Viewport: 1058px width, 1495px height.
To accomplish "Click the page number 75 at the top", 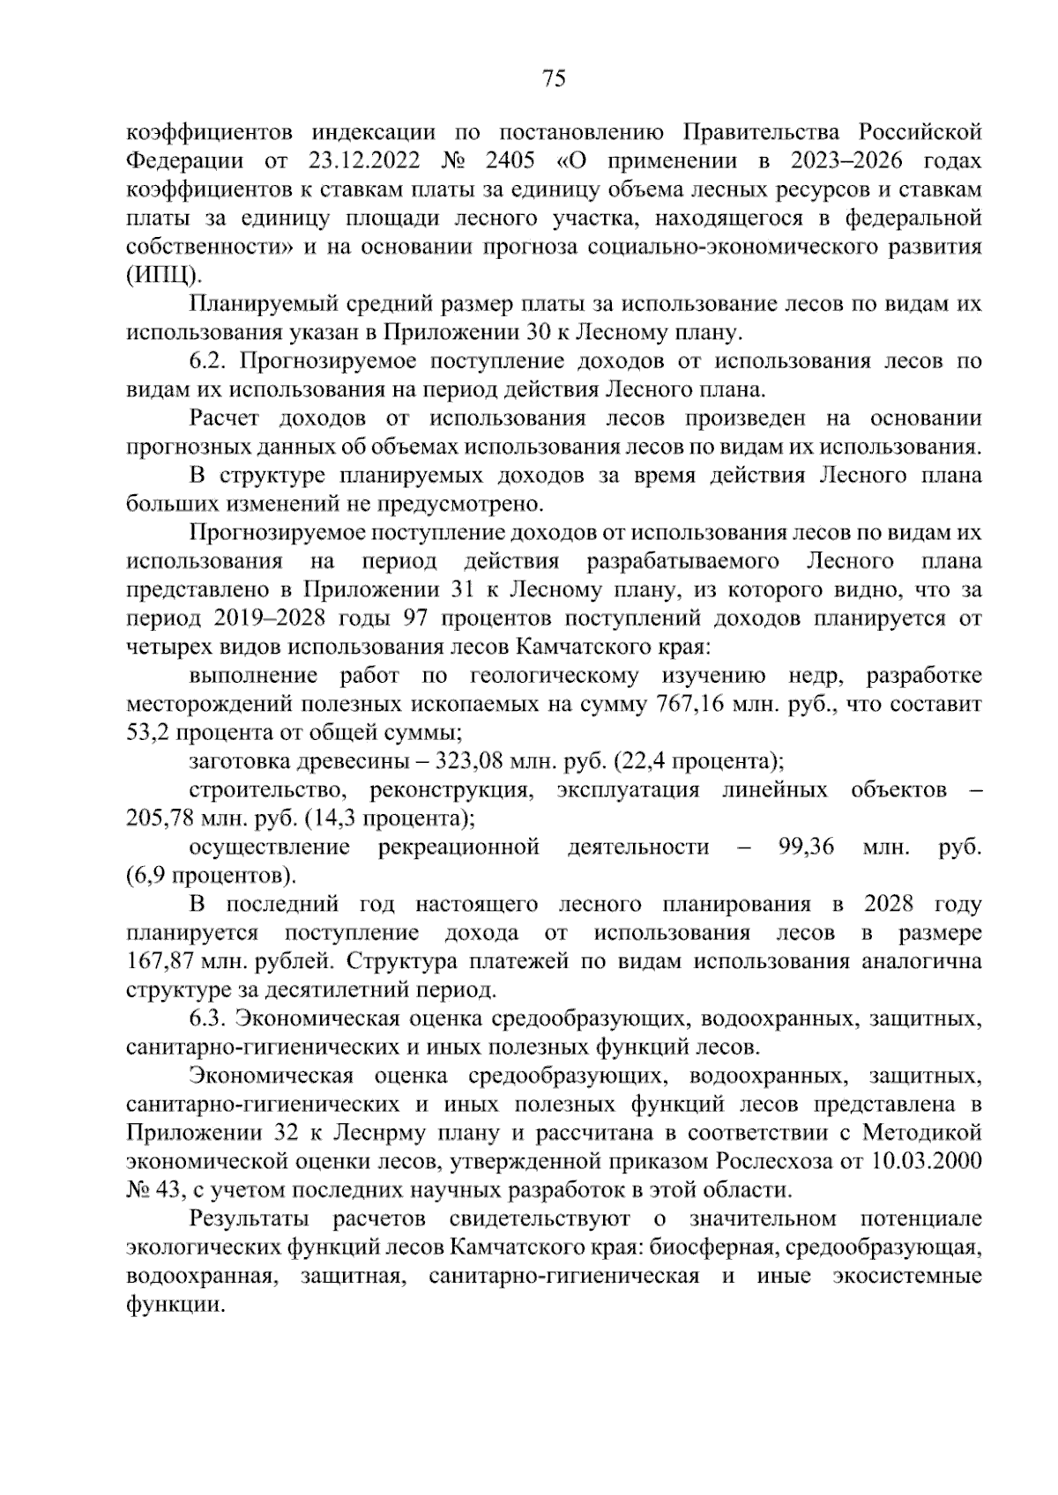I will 553,79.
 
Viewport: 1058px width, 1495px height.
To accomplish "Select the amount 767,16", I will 689,705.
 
